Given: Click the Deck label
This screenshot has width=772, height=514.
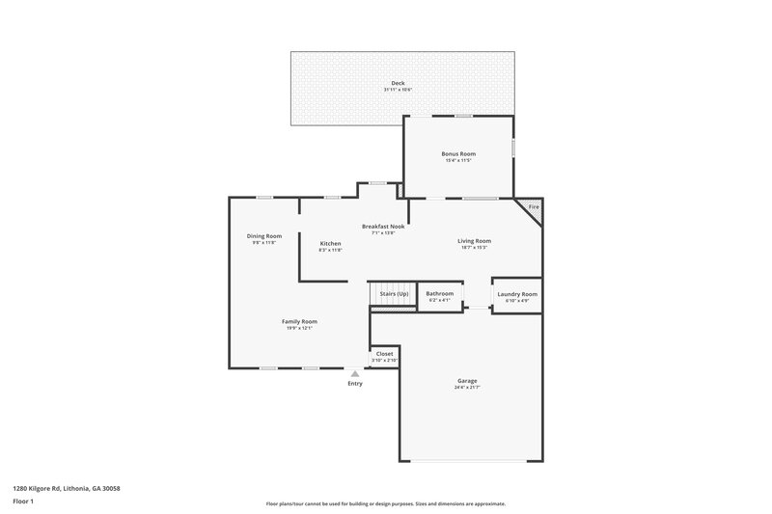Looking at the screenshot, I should pyautogui.click(x=398, y=83).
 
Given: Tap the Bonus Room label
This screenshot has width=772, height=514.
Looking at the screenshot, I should pyautogui.click(x=458, y=153).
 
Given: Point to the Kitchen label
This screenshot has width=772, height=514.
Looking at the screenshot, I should pyautogui.click(x=330, y=243).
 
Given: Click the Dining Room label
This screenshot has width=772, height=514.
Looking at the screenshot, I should pyautogui.click(x=263, y=235).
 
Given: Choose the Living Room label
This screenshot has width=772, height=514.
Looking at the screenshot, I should pyautogui.click(x=474, y=241).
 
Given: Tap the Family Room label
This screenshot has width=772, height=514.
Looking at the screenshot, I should pyautogui.click(x=299, y=321).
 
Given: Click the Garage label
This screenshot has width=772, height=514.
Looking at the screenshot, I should pyautogui.click(x=467, y=380).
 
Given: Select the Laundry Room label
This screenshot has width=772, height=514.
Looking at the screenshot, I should pyautogui.click(x=516, y=293).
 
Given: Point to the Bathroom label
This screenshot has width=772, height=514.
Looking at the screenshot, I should pyautogui.click(x=439, y=293).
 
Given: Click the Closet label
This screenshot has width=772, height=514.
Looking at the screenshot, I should pyautogui.click(x=384, y=354).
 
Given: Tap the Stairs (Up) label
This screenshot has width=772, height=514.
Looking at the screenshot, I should pyautogui.click(x=394, y=293).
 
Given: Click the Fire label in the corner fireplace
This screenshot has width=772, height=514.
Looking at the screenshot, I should pyautogui.click(x=533, y=207).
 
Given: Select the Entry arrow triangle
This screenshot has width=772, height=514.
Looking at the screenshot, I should pyautogui.click(x=355, y=373).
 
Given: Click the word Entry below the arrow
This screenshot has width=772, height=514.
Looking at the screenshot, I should pyautogui.click(x=355, y=384).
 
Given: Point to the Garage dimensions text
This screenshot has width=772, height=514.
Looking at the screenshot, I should pyautogui.click(x=467, y=388).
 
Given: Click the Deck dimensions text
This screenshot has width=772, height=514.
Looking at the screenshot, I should pyautogui.click(x=398, y=91).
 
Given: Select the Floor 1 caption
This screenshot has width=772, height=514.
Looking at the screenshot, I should pyautogui.click(x=24, y=501).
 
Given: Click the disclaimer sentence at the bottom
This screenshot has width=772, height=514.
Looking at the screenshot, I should pyautogui.click(x=385, y=503).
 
